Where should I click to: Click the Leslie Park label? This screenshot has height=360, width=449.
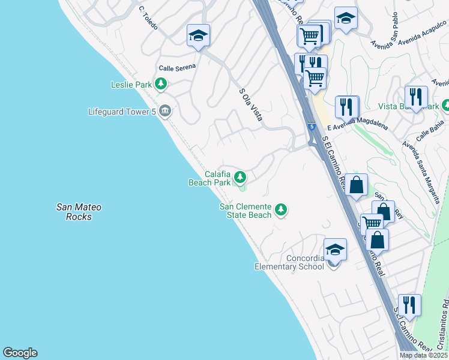[131, 85]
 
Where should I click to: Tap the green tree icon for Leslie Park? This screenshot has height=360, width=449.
[161, 85]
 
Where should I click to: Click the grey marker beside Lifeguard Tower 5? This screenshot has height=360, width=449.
[166, 111]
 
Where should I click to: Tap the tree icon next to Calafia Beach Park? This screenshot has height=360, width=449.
[240, 177]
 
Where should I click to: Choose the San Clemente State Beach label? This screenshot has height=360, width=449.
[245, 211]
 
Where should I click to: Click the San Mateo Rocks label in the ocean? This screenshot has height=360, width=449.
[79, 212]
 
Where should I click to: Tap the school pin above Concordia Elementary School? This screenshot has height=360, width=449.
[335, 250]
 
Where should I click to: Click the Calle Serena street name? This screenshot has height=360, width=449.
[177, 67]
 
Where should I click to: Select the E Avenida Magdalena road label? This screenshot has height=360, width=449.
[360, 123]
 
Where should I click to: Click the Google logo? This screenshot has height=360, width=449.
[20, 353]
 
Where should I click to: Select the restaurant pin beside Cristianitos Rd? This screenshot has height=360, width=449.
[409, 305]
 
